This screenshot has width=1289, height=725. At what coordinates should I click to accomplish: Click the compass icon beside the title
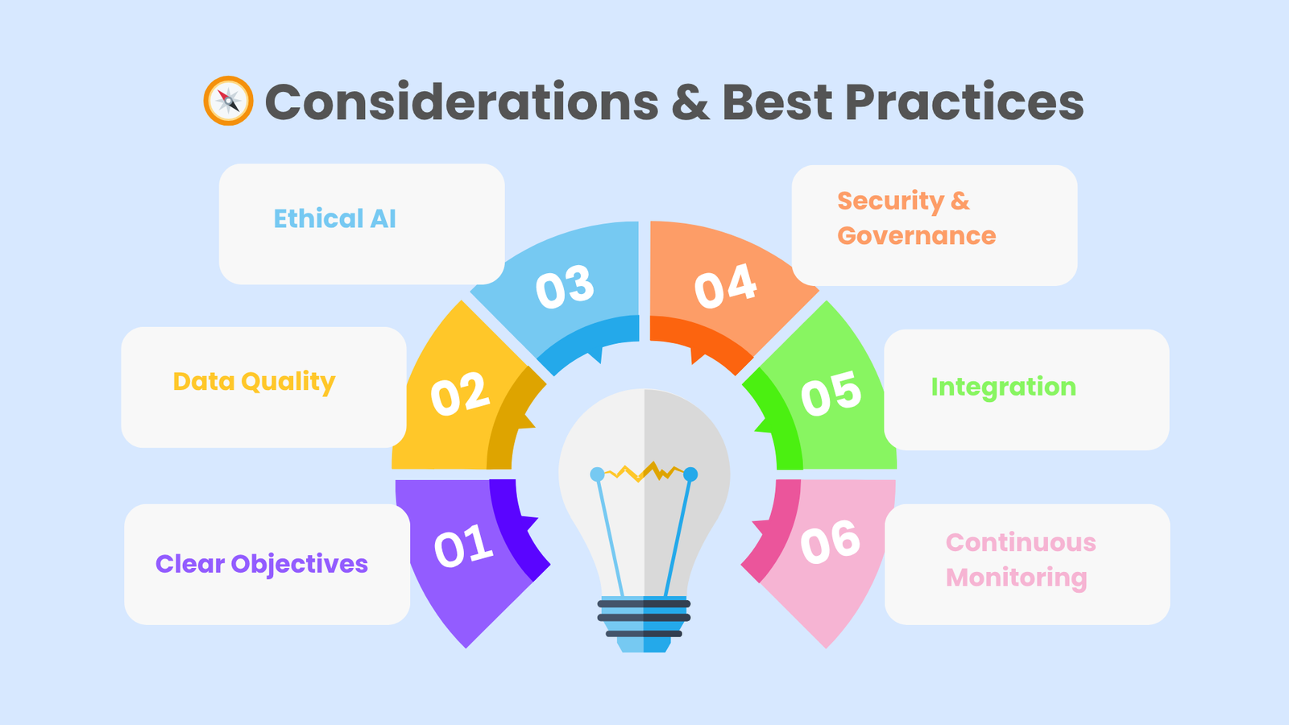[x=228, y=101]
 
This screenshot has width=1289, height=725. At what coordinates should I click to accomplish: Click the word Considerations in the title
[x=462, y=102]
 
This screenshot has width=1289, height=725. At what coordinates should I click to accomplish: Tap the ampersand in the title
[x=690, y=102]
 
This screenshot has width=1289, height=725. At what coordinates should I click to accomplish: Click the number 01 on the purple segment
[x=463, y=546]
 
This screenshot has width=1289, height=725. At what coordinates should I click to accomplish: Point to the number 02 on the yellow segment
[x=459, y=395]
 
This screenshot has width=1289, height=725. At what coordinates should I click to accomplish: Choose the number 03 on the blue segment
[x=565, y=287]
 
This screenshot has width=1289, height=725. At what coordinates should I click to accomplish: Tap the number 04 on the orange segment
[x=725, y=286]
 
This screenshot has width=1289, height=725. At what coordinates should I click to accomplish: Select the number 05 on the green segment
[x=831, y=394]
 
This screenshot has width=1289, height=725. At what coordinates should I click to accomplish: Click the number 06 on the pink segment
[x=831, y=541]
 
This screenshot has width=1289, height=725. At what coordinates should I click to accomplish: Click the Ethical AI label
[x=334, y=218]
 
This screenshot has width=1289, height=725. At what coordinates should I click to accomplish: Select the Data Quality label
[x=254, y=382]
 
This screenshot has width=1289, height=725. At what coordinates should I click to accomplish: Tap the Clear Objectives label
[x=262, y=564]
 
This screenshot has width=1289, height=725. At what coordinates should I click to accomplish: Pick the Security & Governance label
[x=916, y=217]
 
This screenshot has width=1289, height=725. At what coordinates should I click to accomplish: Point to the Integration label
[x=1003, y=387]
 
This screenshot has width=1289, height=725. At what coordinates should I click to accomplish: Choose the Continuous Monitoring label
[x=1020, y=560]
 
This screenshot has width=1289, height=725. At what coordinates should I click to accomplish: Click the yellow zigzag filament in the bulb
[x=644, y=471]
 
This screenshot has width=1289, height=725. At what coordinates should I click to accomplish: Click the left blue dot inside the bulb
[x=597, y=474]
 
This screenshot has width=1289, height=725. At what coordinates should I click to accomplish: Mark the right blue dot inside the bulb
[x=690, y=474]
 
